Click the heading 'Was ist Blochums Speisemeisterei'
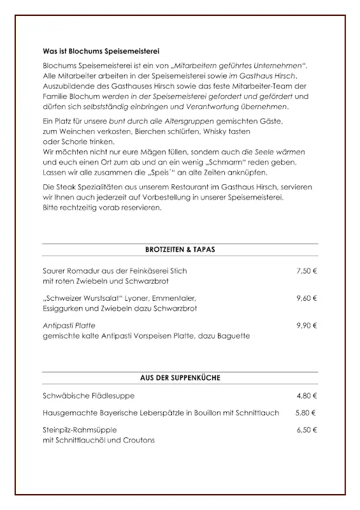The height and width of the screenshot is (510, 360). [x=101, y=50]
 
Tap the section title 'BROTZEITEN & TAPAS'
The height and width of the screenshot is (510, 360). [x=180, y=250]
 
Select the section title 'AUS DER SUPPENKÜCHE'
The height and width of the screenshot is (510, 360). [x=180, y=378]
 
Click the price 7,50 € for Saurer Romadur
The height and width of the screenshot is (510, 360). [x=306, y=271]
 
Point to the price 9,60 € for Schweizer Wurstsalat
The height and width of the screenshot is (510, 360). [x=306, y=298]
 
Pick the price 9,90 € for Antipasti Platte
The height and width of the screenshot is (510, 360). [x=306, y=325]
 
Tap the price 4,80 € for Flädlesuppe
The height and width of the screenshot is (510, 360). [x=306, y=396]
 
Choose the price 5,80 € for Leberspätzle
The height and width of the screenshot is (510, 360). [x=305, y=413]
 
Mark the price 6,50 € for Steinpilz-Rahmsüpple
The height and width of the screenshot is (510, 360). [x=306, y=430]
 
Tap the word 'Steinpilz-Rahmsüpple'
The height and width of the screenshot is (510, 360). [x=80, y=430]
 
